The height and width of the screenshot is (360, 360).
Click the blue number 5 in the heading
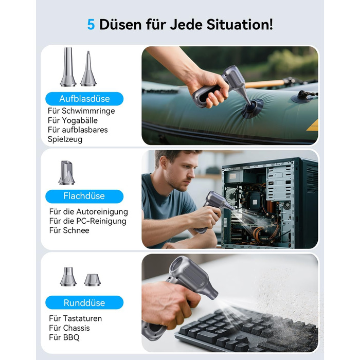91,25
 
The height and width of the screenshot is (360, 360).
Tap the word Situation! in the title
240,24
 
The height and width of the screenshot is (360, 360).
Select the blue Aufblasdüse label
84,99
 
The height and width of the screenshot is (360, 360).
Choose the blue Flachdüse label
84,196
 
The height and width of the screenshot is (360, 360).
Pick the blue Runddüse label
84,302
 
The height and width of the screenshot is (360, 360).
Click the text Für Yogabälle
73,120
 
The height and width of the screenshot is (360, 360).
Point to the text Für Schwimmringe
81,111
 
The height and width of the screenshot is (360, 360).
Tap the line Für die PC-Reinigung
88,221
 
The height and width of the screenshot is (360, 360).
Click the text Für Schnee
69,230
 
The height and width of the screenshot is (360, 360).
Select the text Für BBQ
64,337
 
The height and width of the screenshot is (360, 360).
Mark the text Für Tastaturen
75,318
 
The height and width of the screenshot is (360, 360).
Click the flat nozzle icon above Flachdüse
66,173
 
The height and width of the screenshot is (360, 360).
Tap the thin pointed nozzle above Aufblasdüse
88,68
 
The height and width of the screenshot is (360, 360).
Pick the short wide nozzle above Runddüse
92,280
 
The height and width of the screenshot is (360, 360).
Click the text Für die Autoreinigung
88,212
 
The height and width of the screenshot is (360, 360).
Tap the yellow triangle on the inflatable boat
313,126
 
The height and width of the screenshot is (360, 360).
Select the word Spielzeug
65,139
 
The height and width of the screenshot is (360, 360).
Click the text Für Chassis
69,328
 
